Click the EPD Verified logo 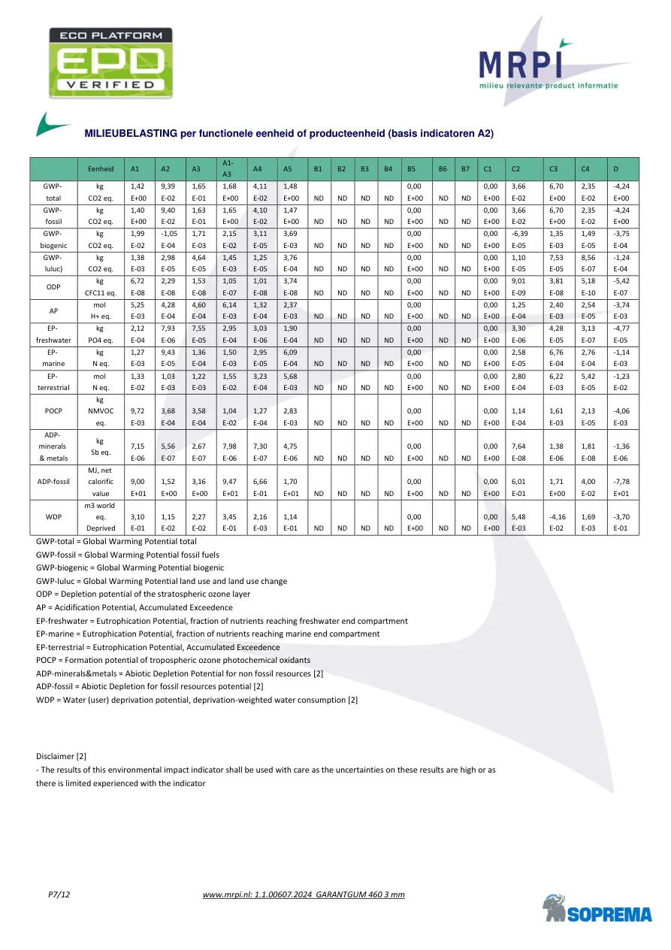[x=110, y=61]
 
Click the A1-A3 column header [x=229, y=169]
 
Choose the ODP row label [x=53, y=286]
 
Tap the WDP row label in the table [x=53, y=516]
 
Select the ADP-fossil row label [x=53, y=482]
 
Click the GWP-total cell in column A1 [x=138, y=192]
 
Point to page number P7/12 [x=59, y=894]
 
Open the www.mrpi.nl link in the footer [x=304, y=894]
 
